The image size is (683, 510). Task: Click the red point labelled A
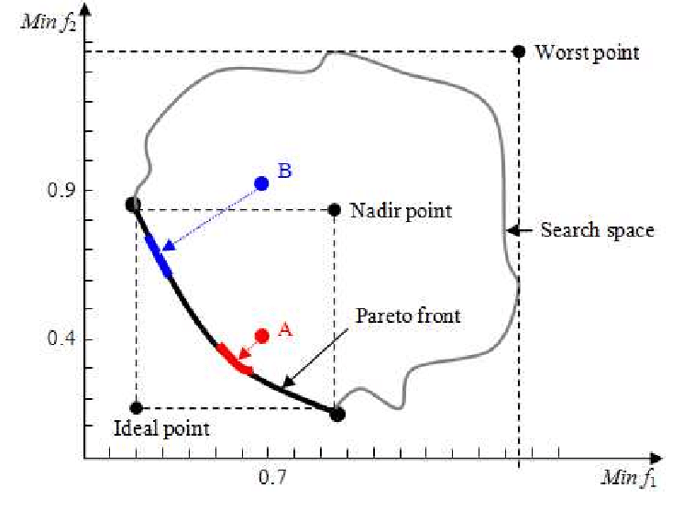(x=262, y=337)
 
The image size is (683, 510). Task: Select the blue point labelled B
(x=261, y=183)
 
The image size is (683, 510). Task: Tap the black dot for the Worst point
(x=518, y=51)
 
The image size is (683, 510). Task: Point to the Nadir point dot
(x=334, y=210)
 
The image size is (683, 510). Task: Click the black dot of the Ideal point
(x=136, y=407)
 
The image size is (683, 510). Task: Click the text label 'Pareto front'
(x=408, y=316)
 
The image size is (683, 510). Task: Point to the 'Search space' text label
(x=597, y=230)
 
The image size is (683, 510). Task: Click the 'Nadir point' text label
(x=401, y=211)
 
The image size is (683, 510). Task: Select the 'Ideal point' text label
(x=161, y=428)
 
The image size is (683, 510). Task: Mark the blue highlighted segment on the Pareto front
(x=158, y=255)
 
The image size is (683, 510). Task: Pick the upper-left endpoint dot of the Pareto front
(x=133, y=205)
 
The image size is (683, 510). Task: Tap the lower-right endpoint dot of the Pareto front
(x=337, y=414)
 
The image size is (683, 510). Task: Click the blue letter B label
(x=284, y=172)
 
